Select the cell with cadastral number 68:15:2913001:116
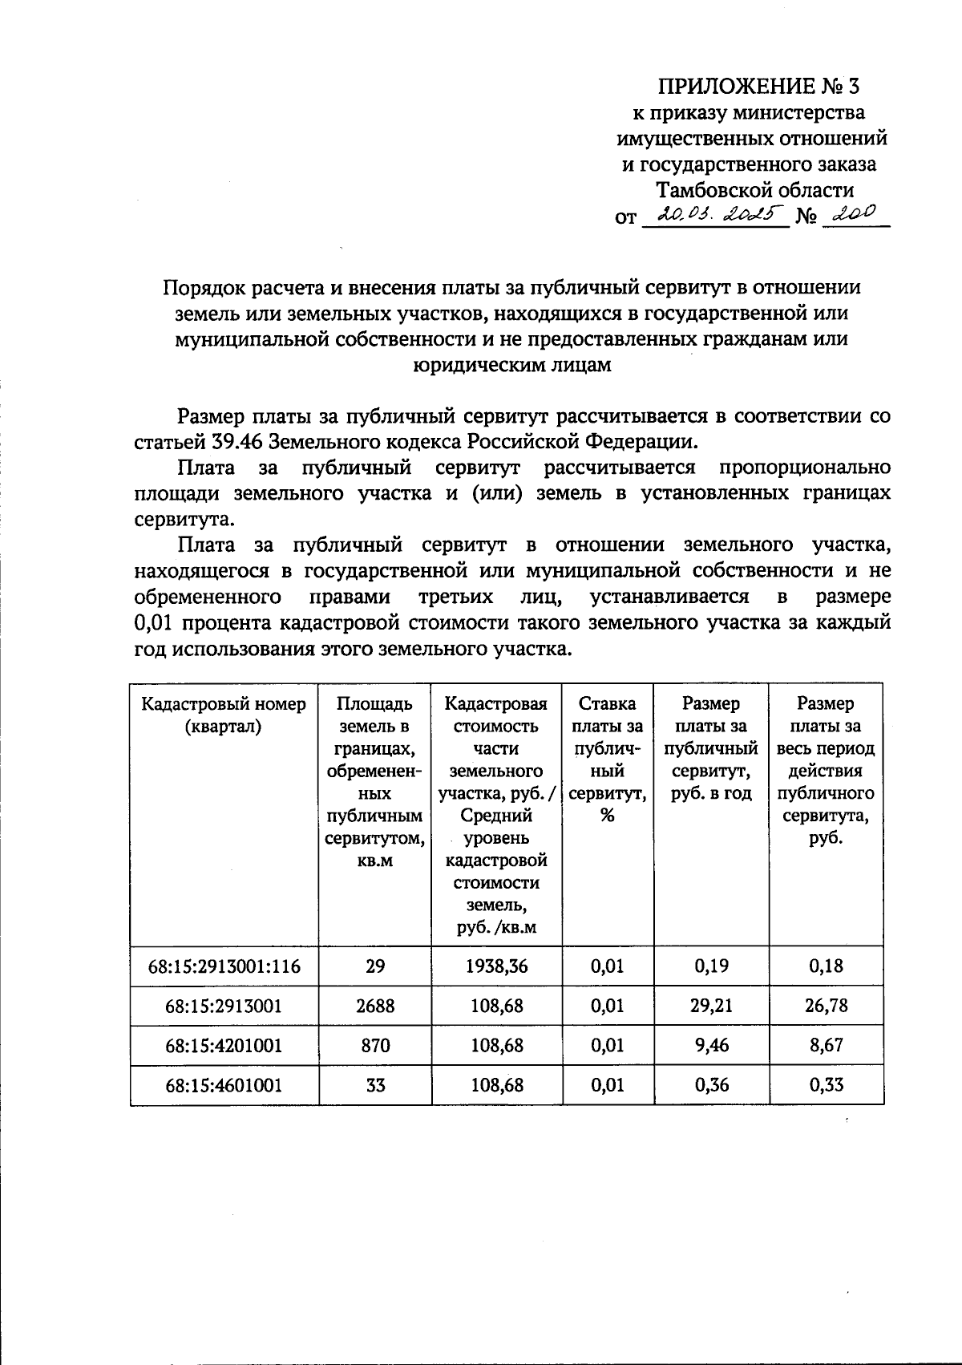click(x=224, y=966)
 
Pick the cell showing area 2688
click(x=375, y=1006)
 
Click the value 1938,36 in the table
click(x=497, y=966)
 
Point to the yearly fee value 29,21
click(x=711, y=1006)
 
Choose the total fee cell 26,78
click(x=826, y=1006)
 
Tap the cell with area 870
click(x=375, y=1046)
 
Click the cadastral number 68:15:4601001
click(x=224, y=1086)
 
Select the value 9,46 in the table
click(x=711, y=1046)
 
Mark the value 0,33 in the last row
click(x=826, y=1086)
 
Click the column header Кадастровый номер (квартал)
click(x=224, y=715)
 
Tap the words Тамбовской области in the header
click(x=754, y=190)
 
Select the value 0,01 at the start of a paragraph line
click(x=152, y=623)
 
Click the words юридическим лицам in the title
click(x=512, y=365)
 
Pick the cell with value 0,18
click(x=826, y=966)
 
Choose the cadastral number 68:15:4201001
click(x=224, y=1046)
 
